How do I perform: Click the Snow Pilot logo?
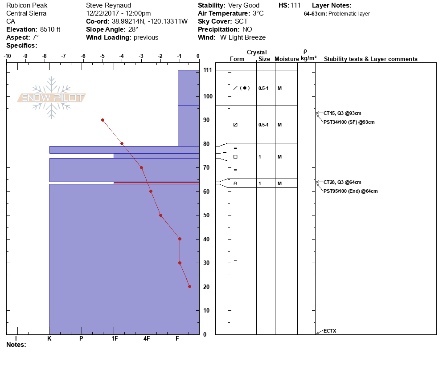point(52,98)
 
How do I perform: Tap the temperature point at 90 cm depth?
point(103,120)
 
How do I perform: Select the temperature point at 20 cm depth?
point(189,287)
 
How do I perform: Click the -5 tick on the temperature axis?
point(103,56)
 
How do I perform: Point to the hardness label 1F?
point(114,339)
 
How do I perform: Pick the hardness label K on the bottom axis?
point(49,339)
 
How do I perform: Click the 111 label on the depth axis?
point(207,70)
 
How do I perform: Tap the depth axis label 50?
point(207,215)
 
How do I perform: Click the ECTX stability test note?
point(330,331)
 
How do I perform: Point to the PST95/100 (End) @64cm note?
point(350,191)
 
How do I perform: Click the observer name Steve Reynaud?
point(108,5)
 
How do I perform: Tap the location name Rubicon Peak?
point(27,5)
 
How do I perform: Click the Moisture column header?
point(286,59)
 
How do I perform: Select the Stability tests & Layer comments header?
point(370,59)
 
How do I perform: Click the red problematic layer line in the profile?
point(156,183)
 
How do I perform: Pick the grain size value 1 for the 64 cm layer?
point(260,183)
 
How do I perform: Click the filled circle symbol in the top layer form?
point(245,88)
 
